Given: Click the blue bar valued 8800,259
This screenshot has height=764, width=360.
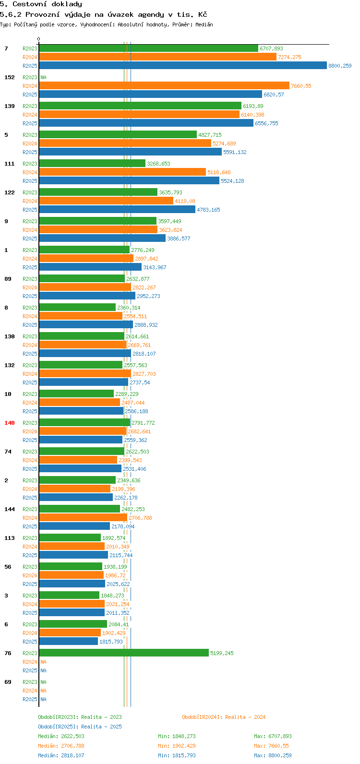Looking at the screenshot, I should tap(182, 66).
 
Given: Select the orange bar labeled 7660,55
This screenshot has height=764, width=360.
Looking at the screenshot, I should tap(164, 86).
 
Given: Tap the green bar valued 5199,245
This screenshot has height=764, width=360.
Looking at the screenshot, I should tap(124, 653).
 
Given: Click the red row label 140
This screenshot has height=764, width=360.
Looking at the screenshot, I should tap(10, 423).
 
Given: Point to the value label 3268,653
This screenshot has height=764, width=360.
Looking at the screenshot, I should tap(158, 164).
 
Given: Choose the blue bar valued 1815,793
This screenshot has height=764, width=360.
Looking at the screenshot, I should tap(68, 642).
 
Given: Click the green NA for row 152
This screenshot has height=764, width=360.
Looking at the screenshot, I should tap(43, 77).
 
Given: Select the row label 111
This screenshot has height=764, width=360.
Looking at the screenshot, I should tap(10, 164).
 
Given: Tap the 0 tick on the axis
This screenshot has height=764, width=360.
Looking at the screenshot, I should tap(39, 39).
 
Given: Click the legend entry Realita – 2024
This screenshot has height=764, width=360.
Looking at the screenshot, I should tap(224, 717).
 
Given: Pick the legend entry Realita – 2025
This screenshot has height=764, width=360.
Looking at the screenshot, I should tap(80, 727).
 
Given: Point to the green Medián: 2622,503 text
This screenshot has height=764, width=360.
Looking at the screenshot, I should tap(61, 736).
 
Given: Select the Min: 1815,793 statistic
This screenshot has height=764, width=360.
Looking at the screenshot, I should tap(177, 755).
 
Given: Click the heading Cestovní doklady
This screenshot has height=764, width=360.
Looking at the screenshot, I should tap(41, 4).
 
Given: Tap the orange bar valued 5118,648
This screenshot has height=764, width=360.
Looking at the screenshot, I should tap(122, 172).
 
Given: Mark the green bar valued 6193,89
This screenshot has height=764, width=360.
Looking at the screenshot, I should tap(140, 106).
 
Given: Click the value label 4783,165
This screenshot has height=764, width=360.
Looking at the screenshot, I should tap(208, 210).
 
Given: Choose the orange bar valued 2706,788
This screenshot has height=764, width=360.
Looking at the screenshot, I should tap(83, 518).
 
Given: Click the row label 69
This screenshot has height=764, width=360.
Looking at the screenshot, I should tap(8, 682).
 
